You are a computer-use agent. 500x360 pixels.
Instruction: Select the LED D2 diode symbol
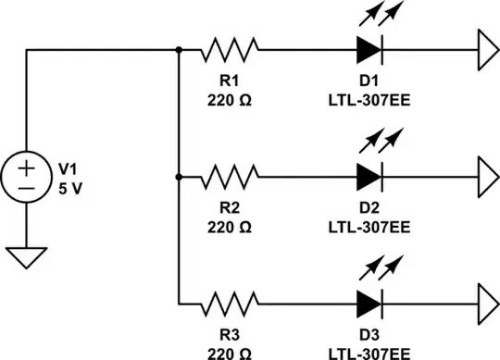369,174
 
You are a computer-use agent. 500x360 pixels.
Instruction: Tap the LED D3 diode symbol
369,302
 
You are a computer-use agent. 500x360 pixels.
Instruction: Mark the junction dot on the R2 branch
177,174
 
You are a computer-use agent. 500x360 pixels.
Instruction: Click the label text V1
69,168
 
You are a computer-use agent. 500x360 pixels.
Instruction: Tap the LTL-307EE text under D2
369,225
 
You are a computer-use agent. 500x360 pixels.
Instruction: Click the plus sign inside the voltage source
26,167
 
